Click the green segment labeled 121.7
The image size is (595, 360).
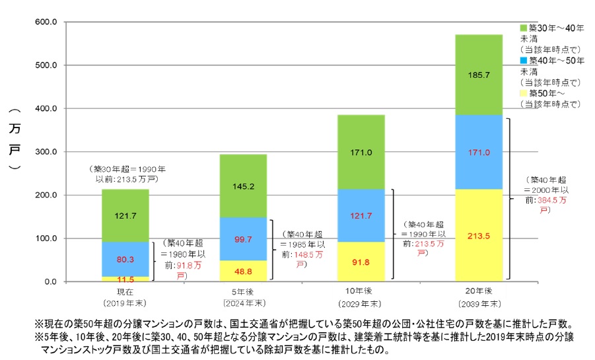[x=125, y=215]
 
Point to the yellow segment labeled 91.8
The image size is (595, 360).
[x=361, y=262]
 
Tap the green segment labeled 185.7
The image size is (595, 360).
[x=479, y=75]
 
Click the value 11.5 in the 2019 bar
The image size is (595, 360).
[x=125, y=279]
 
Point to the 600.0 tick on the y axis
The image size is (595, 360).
[x=51, y=22]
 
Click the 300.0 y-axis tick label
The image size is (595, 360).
[x=51, y=152]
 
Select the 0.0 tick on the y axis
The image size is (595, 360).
[x=55, y=282]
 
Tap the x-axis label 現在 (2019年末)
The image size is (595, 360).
[x=125, y=299]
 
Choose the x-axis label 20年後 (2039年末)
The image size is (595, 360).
[x=479, y=299]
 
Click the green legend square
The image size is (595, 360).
[x=524, y=28]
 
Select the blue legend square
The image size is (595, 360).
[x=524, y=60]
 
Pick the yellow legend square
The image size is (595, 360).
[x=524, y=93]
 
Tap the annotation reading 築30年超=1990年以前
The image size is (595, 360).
[x=126, y=174]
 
